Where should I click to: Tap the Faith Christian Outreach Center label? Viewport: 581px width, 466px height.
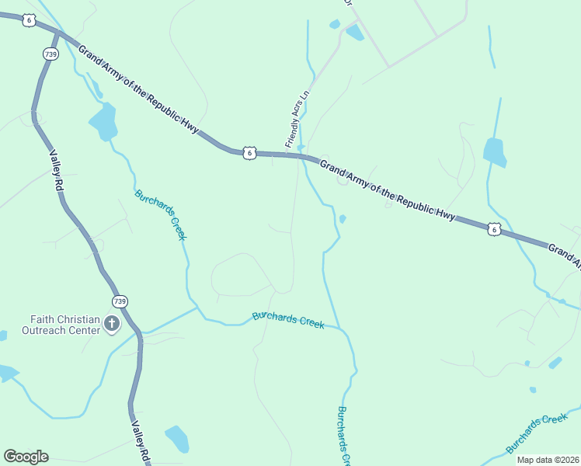65,325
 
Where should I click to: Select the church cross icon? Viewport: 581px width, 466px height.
112,323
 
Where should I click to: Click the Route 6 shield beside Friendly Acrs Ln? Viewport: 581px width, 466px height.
249,153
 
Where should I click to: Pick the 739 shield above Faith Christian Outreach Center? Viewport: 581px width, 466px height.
119,301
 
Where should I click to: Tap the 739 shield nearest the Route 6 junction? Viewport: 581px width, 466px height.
50,54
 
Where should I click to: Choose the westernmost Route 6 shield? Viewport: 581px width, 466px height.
29,20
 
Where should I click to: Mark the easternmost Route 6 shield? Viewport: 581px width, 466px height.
494,228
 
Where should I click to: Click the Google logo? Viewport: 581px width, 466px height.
26,457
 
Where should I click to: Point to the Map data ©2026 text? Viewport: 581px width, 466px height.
548,460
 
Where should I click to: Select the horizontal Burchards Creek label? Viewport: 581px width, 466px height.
288,320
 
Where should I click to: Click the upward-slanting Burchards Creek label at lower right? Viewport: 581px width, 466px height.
537,433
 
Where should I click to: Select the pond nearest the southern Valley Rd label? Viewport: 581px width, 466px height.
177,439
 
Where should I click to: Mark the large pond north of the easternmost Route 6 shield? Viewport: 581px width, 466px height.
495,151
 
